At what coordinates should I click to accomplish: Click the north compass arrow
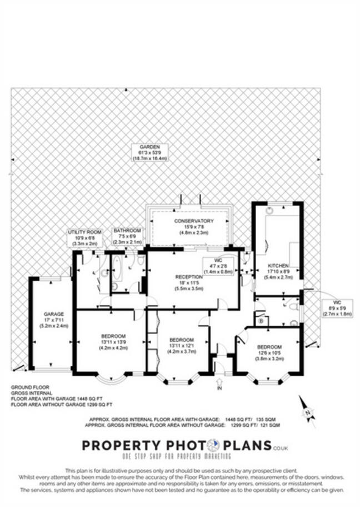(307, 412)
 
